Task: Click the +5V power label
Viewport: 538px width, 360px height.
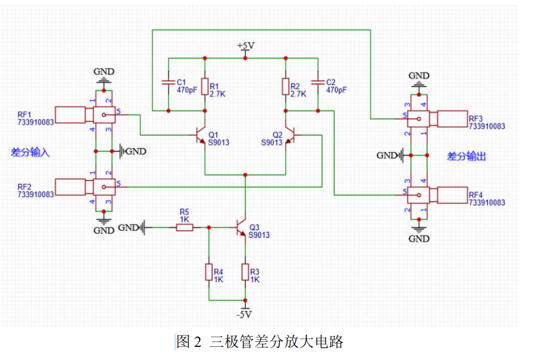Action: [246, 46]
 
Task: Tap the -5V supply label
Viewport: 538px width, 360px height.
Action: [247, 314]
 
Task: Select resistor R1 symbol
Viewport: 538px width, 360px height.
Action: [205, 86]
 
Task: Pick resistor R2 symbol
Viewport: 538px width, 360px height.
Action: [285, 86]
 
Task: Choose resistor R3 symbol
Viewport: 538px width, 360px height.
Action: [245, 272]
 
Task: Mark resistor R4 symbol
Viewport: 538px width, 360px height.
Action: [208, 272]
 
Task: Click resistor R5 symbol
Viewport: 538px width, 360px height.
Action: [185, 228]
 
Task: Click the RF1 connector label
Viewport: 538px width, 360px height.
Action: [25, 115]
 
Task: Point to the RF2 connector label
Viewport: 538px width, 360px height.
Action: [25, 187]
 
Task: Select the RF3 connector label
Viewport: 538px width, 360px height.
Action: [476, 119]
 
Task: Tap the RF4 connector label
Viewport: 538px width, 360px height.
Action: [476, 195]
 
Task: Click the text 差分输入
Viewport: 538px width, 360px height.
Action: [30, 152]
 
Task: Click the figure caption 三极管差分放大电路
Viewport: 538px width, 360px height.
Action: [276, 342]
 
